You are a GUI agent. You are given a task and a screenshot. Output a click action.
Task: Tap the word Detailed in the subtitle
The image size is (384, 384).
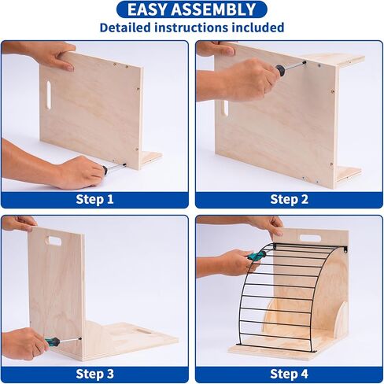125,28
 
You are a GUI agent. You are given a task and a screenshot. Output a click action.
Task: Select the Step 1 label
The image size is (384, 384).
94,199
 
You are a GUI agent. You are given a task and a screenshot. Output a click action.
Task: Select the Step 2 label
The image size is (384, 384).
289,199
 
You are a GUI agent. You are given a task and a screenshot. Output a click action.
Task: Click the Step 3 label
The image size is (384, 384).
94,374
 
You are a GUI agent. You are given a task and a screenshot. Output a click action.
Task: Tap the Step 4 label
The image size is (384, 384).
289,374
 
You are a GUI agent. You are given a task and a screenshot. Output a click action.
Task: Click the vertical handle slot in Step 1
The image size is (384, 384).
49,95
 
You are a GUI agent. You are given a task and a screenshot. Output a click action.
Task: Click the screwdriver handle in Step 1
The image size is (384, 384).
105,170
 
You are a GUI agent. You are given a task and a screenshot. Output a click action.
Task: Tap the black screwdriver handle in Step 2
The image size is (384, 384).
280,70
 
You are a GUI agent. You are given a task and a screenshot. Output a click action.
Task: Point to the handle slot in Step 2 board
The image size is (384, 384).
225,108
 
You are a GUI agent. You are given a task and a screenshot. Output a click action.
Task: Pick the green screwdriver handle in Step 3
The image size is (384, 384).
53,342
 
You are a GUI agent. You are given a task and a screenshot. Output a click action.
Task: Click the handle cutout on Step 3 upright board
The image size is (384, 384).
54,241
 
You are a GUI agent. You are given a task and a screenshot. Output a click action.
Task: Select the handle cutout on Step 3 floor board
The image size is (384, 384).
142,330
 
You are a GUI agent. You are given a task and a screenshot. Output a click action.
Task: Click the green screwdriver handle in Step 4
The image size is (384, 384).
257,256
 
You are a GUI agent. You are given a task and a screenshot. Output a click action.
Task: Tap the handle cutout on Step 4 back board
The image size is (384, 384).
310,238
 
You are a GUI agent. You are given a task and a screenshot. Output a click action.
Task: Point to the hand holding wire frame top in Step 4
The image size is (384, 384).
265,227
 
